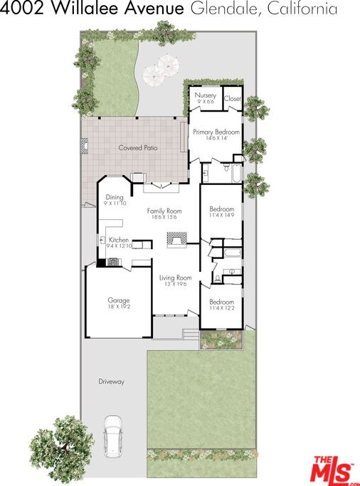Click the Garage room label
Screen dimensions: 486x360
pyautogui.click(x=119, y=300)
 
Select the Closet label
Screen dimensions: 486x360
pyautogui.click(x=233, y=99)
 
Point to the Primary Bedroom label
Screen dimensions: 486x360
pyautogui.click(x=216, y=132)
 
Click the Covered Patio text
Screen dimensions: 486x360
pyautogui.click(x=138, y=148)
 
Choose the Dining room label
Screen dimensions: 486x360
pyautogui.click(x=115, y=197)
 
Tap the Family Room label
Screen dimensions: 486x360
pyautogui.click(x=164, y=211)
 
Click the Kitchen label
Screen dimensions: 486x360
pyautogui.click(x=119, y=241)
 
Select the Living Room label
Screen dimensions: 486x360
pyautogui.click(x=175, y=278)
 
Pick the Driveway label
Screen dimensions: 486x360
pyautogui.click(x=111, y=381)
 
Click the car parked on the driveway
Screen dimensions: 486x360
pyautogui.click(x=112, y=436)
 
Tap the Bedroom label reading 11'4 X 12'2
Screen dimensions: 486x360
pyautogui.click(x=221, y=302)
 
